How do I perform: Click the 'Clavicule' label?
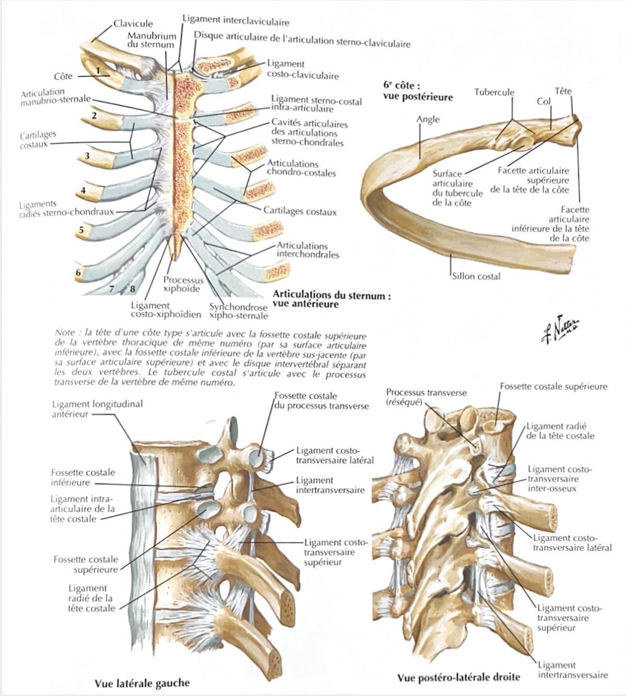point(134,23)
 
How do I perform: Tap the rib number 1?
point(98,70)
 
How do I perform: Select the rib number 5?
point(81,230)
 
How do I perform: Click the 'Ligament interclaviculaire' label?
point(236,21)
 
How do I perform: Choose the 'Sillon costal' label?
point(476,276)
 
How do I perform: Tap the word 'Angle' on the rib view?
point(428,119)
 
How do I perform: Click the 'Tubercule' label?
point(494,92)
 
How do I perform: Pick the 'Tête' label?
point(563,91)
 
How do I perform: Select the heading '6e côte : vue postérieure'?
point(418,91)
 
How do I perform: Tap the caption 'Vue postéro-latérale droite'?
point(459,677)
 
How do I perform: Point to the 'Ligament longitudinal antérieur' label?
point(97,409)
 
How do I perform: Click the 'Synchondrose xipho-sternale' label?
point(238,311)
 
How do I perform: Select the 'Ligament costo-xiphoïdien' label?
point(166,310)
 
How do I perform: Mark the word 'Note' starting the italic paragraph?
point(65,333)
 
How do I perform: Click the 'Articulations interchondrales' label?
point(307,250)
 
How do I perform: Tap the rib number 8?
point(133,288)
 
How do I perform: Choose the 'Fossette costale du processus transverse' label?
point(321,401)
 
